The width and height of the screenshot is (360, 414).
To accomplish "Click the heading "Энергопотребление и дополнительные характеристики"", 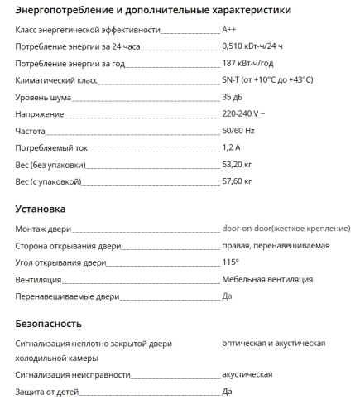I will (x=152, y=11).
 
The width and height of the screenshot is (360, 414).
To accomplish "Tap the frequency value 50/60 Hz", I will (x=239, y=132).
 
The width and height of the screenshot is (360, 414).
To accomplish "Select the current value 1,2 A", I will (x=232, y=147).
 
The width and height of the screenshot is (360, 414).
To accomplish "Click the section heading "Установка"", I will (x=41, y=209).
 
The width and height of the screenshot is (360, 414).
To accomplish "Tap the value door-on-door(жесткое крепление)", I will (x=286, y=229).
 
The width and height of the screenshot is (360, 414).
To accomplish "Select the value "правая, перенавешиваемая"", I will (x=276, y=246).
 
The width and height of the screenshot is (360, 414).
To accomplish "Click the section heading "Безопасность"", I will (x=49, y=324).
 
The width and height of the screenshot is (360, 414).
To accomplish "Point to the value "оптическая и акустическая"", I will (x=273, y=343).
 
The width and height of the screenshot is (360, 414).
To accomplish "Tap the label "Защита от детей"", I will (x=48, y=392).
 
